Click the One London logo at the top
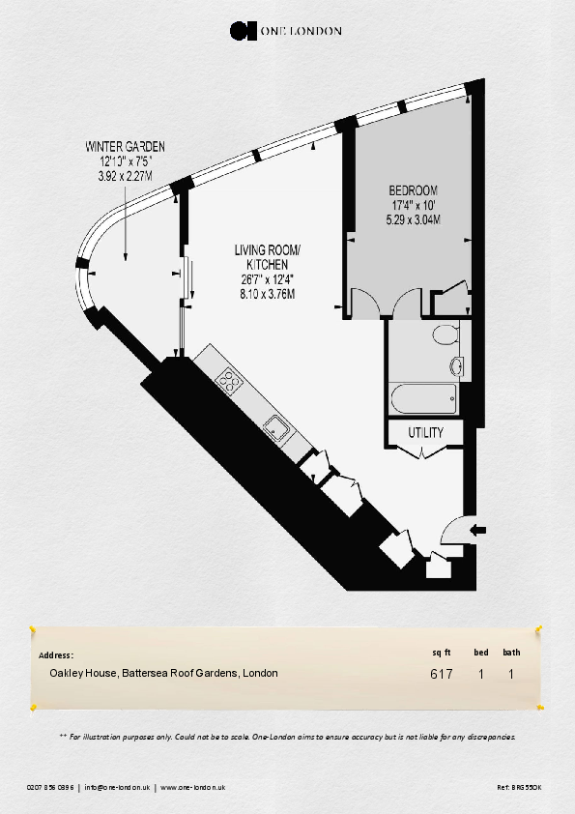[x=286, y=31]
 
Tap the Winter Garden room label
[x=125, y=146]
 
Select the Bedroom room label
[x=413, y=190]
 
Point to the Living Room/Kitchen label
[x=268, y=257]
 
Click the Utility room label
[x=425, y=432]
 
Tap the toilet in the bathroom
[x=446, y=334]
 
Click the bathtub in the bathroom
[x=423, y=398]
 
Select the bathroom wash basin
[x=458, y=366]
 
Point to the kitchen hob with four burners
[x=230, y=381]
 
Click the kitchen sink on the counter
[x=276, y=429]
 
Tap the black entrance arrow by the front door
[x=477, y=530]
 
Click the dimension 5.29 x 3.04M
[x=413, y=219]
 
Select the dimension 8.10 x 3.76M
[x=268, y=294]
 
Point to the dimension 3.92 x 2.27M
[x=125, y=177]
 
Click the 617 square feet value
[x=442, y=674]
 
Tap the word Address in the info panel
[x=56, y=655]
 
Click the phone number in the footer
[x=50, y=787]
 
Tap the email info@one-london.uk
[x=117, y=787]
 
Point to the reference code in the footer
[x=520, y=787]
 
